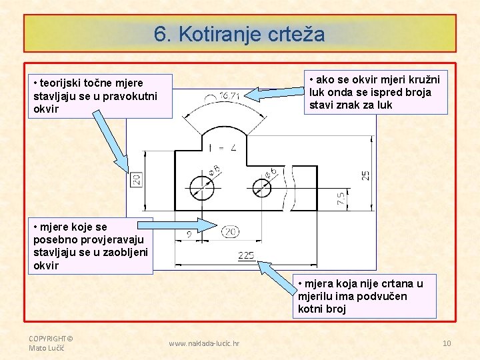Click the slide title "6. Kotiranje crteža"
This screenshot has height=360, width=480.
tap(239, 34)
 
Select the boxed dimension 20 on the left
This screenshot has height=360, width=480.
tap(136, 179)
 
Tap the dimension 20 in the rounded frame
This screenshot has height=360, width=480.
tap(231, 232)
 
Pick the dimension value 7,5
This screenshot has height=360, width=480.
tap(341, 198)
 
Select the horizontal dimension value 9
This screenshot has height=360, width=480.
tap(189, 233)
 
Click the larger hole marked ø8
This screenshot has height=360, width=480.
tap(201, 187)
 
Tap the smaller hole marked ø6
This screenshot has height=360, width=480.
tap(263, 187)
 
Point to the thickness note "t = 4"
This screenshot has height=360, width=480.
tap(223, 147)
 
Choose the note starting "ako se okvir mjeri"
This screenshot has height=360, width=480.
tap(373, 92)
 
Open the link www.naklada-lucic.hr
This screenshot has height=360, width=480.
tap(205, 343)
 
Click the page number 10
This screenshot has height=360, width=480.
tap(447, 343)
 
